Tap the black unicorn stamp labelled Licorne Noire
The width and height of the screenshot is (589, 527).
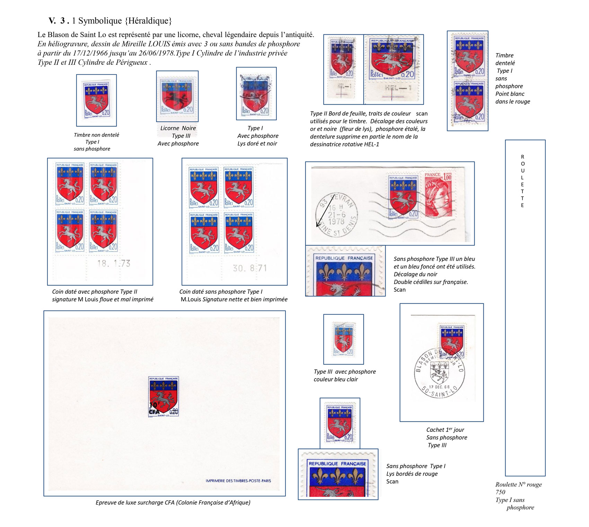(177, 96)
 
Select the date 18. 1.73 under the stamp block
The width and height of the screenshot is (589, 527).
(114, 264)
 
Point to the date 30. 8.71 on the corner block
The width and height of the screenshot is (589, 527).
(250, 268)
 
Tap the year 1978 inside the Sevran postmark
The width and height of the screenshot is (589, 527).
(336, 222)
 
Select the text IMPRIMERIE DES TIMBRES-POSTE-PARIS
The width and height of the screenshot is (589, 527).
(238, 481)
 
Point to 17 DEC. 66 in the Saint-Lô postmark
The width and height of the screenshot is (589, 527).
(439, 387)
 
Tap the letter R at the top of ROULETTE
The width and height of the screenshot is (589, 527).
(522, 157)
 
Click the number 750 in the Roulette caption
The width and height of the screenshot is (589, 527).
(500, 492)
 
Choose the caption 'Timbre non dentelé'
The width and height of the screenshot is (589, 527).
(96, 135)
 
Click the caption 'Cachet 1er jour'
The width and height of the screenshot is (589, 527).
(445, 430)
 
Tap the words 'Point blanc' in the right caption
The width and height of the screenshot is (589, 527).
(510, 94)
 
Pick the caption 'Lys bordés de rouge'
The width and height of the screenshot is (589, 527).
(412, 474)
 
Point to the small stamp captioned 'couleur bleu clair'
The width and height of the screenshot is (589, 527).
(343, 339)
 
